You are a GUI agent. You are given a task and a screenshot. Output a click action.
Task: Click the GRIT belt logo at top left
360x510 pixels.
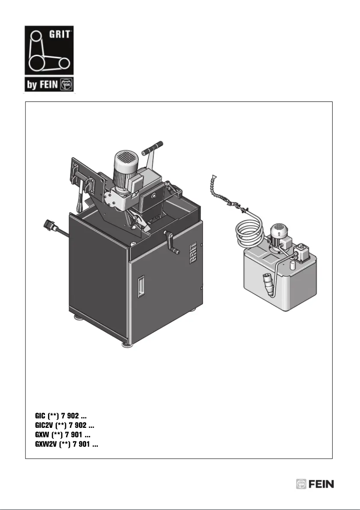pos(49,50)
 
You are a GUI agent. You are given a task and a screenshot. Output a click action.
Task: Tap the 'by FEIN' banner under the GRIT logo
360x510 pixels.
pos(49,84)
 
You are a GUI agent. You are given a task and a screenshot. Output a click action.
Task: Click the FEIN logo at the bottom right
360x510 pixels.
pos(315,484)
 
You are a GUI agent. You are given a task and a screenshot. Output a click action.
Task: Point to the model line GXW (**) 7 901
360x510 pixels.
pos(63,435)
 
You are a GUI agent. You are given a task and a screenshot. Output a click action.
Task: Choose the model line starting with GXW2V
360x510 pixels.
pos(66,444)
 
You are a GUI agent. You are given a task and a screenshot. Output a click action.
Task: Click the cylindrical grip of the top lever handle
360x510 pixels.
pos(153,147)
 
